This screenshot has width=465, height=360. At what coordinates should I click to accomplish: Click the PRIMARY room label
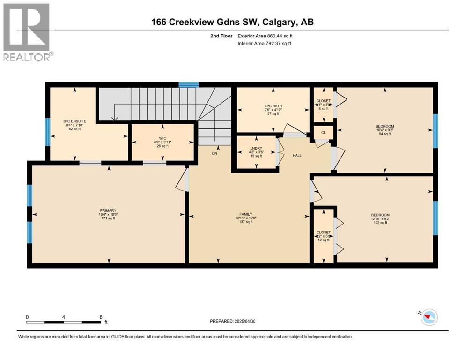tap(107, 210)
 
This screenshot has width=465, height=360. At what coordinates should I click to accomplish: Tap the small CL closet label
tap(323, 133)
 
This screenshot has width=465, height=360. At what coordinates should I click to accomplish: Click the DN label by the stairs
tap(214, 153)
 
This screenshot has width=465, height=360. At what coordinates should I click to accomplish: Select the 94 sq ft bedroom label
tap(384, 126)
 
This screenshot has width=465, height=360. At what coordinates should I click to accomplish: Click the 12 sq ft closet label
tap(323, 232)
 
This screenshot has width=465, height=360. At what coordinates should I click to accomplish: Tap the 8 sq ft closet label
tap(323, 101)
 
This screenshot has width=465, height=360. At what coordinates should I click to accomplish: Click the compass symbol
tap(428, 317)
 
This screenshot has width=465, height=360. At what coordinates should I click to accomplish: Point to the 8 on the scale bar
tap(101, 317)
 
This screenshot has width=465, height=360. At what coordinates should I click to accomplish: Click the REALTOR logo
tap(27, 31)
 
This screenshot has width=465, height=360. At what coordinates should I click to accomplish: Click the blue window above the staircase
tap(189, 85)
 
